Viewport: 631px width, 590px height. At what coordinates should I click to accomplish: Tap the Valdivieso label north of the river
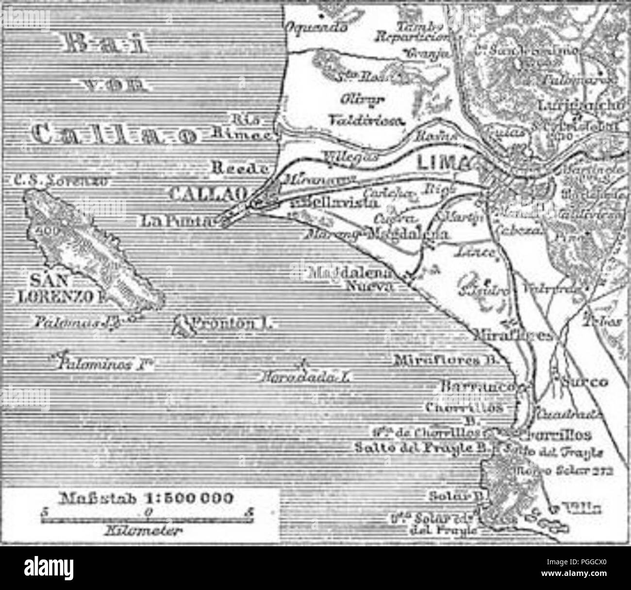click(366, 119)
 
